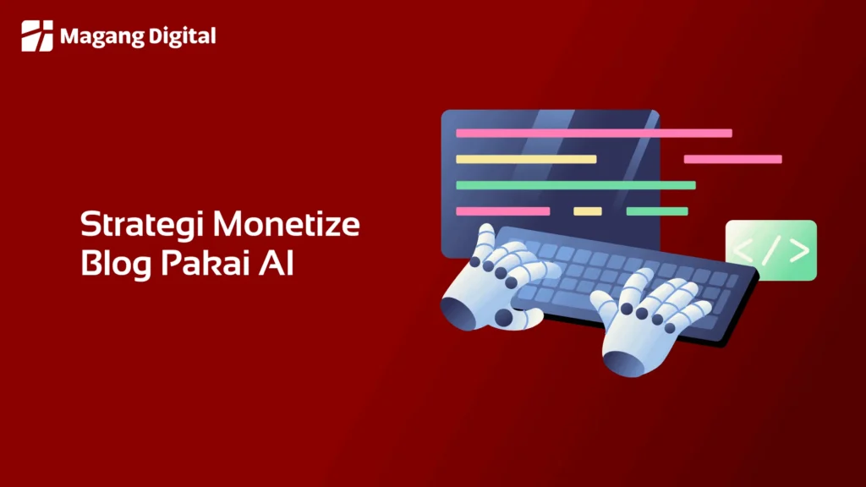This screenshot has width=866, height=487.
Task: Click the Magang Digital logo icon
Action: (x=36, y=36)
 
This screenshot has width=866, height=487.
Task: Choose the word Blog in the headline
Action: (x=115, y=263)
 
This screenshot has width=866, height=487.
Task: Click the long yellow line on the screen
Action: (x=526, y=159)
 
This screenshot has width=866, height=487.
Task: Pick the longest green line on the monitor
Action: (x=576, y=185)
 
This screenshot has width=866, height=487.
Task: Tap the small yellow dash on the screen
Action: (x=588, y=211)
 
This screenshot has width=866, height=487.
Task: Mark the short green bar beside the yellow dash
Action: (x=657, y=211)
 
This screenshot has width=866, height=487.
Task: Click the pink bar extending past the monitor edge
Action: (x=732, y=159)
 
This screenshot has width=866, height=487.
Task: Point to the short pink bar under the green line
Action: (x=502, y=211)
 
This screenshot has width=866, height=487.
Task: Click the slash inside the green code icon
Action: (x=771, y=250)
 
